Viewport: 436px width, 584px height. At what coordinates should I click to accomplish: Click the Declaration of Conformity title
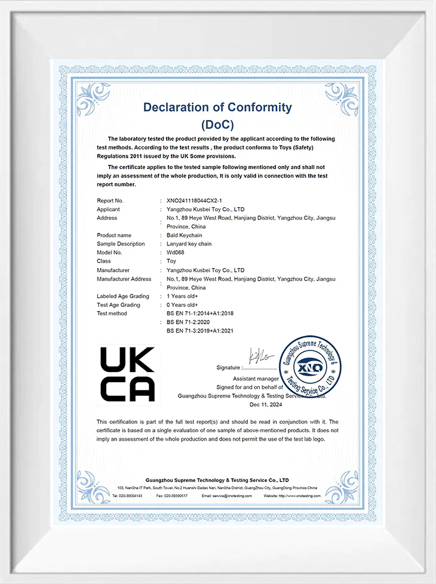217,107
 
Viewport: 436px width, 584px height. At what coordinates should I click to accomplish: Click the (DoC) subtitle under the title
217,125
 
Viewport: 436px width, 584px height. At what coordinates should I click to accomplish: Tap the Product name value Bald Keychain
185,235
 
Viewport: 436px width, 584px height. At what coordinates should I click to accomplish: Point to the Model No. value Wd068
176,253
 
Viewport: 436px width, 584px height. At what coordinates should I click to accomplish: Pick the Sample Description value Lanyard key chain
189,244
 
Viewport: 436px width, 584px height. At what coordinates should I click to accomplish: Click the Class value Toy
171,261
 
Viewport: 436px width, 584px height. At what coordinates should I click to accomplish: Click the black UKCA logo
127,374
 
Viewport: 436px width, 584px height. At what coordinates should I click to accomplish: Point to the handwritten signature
261,356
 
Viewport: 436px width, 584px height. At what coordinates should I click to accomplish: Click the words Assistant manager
256,379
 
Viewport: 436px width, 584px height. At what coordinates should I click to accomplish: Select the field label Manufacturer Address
124,279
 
